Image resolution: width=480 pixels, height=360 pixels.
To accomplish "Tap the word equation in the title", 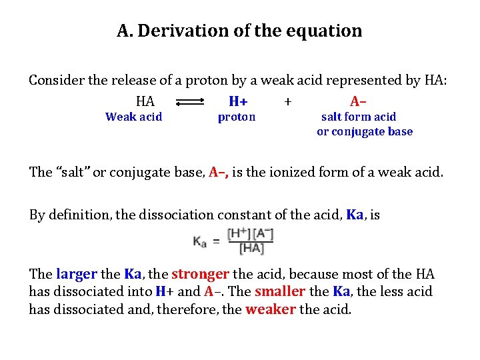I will (328, 31).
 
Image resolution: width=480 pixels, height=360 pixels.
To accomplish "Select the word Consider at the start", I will (56, 81).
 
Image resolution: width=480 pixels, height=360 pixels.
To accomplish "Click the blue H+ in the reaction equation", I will (238, 101).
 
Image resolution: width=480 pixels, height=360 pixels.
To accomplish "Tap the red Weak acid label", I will (133, 117).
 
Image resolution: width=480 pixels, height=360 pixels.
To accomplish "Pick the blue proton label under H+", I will (237, 117).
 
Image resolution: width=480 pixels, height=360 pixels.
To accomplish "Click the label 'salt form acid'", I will (359, 117).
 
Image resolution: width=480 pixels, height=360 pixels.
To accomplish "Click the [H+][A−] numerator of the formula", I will (250, 234).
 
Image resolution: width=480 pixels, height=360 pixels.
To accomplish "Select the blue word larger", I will (77, 274).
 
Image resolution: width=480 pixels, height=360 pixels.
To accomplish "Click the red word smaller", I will (279, 291).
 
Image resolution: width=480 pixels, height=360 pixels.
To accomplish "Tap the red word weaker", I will (271, 309).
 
